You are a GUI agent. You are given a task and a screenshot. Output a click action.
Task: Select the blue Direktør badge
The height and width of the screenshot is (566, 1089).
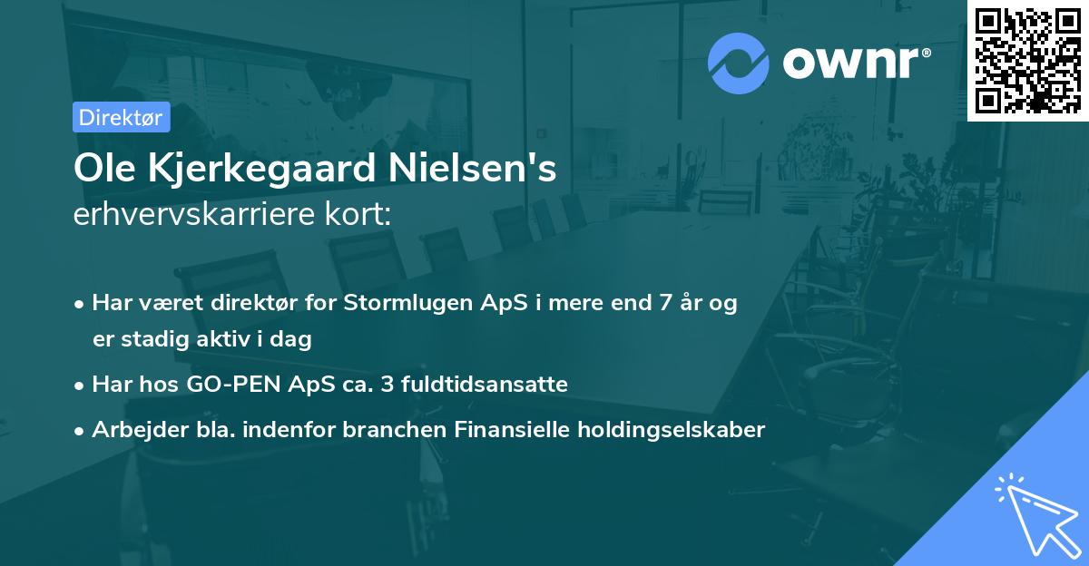coord(121,117)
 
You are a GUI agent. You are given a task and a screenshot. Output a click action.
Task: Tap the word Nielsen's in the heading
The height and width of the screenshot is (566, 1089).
coord(472,170)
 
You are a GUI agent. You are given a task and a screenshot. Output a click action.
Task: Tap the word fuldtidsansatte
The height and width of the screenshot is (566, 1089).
coord(492,385)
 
